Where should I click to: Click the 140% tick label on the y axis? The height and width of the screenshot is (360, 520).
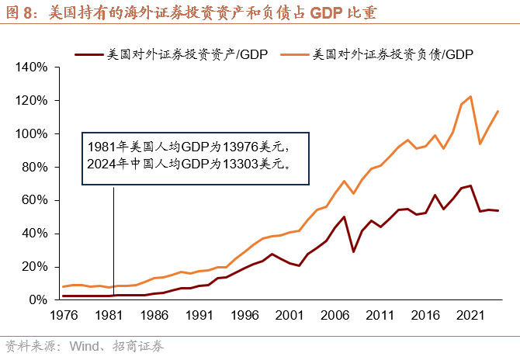pyautogui.click(x=32, y=67)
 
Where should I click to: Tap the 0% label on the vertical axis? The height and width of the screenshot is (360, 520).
pyautogui.click(x=40, y=299)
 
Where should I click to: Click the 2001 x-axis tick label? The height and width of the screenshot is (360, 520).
pyautogui.click(x=289, y=316)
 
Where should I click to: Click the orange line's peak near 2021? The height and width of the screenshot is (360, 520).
pyautogui.click(x=470, y=97)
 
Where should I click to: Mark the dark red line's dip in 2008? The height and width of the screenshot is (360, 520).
pyautogui.click(x=353, y=251)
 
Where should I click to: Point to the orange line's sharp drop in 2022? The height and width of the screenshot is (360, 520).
pyautogui.click(x=480, y=144)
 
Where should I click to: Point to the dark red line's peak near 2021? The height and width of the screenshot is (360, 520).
pyautogui.click(x=470, y=185)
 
